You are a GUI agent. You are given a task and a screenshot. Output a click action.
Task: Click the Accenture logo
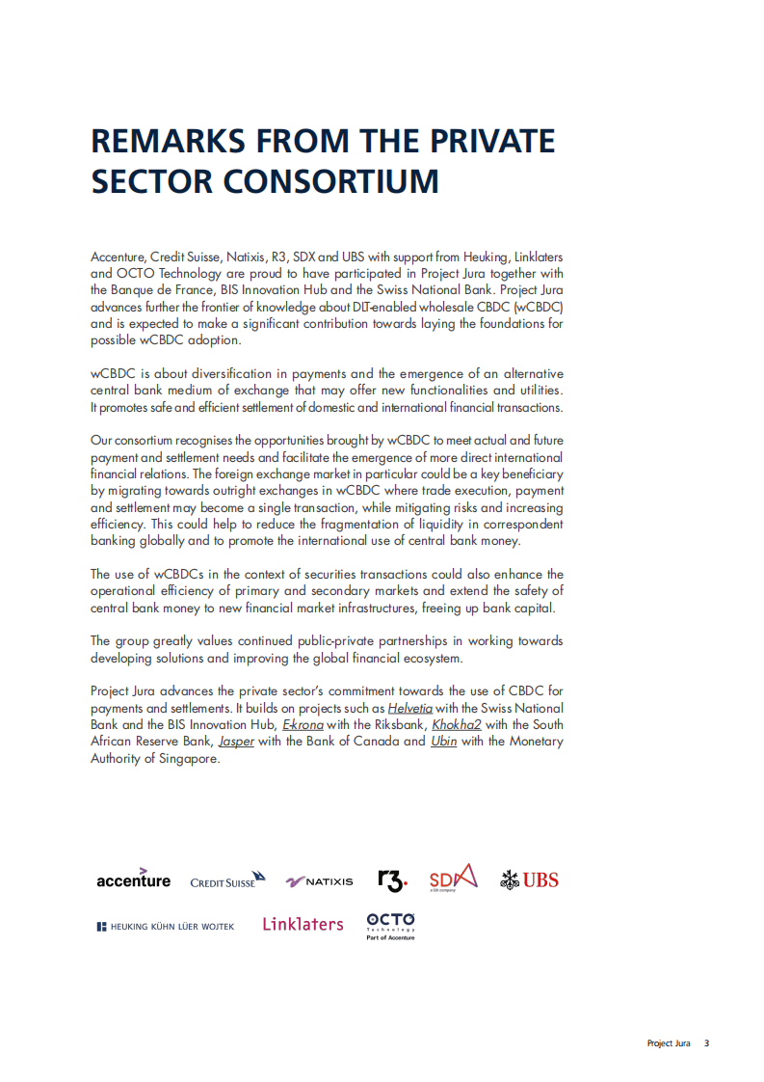click(x=133, y=879)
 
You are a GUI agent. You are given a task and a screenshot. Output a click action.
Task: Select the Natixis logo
click(x=320, y=881)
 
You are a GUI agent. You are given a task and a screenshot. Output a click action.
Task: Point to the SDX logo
click(x=453, y=878)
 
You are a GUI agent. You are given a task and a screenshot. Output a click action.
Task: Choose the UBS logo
click(x=529, y=879)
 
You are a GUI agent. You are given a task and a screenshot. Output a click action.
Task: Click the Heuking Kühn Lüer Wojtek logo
click(x=165, y=927)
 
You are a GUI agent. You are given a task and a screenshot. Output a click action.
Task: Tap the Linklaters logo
click(x=303, y=924)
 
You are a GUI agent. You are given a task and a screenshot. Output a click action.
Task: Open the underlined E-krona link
click(x=302, y=724)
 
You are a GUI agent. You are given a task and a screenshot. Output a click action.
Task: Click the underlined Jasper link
click(x=236, y=742)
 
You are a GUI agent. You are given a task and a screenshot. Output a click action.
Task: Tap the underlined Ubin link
click(x=443, y=742)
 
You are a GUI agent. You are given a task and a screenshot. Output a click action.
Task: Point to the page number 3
click(x=706, y=1043)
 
